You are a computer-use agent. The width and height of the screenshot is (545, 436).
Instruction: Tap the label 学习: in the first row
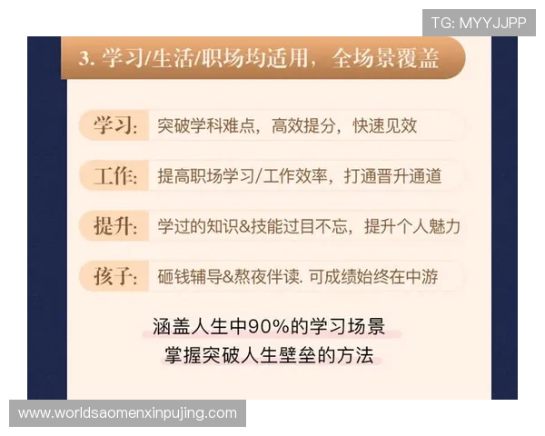(x=115, y=126)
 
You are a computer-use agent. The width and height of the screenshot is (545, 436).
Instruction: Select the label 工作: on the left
(x=115, y=176)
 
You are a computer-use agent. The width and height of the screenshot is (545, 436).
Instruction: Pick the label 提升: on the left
(x=115, y=226)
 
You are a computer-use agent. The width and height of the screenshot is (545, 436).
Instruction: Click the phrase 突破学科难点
(x=205, y=126)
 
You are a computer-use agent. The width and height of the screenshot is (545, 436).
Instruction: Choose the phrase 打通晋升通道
(x=392, y=176)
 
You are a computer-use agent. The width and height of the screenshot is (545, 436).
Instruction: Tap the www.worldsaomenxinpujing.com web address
(x=127, y=413)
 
